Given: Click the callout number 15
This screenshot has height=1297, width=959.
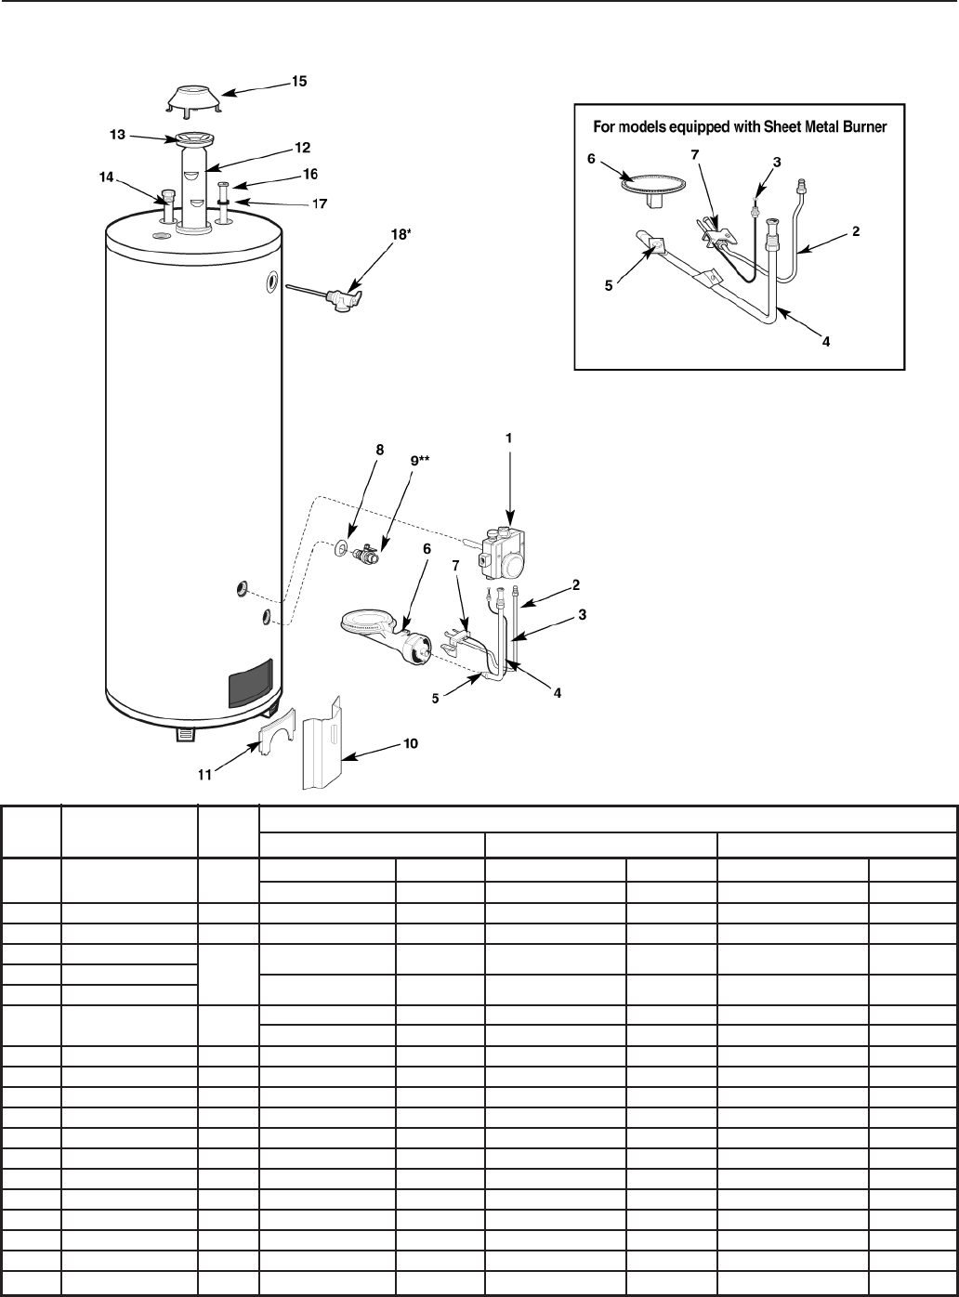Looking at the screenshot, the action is coord(299,82).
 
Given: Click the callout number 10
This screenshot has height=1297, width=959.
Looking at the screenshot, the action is coord(410,743).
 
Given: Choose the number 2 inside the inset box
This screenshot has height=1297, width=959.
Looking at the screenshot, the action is coord(856,232).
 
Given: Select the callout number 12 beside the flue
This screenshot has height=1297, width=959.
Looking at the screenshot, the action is coord(302,147).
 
